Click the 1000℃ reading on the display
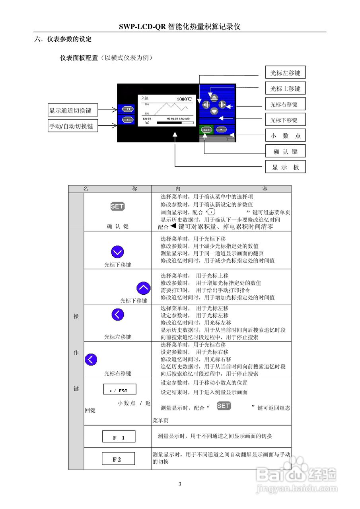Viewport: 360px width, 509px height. click(184, 99)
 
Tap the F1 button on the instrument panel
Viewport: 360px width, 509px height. click(128, 109)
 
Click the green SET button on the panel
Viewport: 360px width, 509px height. click(206, 130)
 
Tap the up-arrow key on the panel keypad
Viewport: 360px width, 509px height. click(214, 97)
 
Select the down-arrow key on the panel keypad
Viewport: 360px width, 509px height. click(214, 112)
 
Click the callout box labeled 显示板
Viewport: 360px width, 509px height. click(285, 167)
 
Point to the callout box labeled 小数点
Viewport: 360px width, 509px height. click(285, 136)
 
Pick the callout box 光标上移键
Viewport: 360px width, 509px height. click(285, 89)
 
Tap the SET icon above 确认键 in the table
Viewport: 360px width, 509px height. click(117, 206)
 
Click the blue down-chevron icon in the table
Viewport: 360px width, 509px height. click(117, 252)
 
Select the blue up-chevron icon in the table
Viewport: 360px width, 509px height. click(143, 288)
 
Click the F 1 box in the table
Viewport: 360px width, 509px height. click(119, 437)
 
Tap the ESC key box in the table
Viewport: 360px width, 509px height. click(119, 389)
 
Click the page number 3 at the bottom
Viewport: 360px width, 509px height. click(180, 484)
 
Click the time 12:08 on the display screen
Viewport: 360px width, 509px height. click(146, 118)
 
